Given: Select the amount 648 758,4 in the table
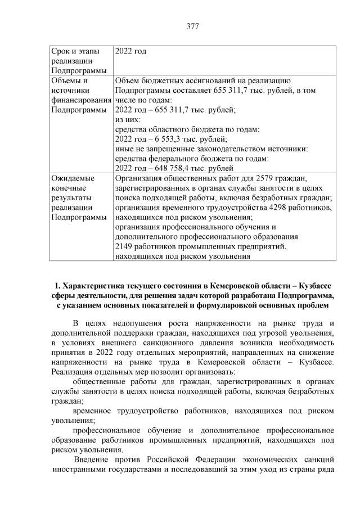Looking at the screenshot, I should [x=172, y=168].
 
